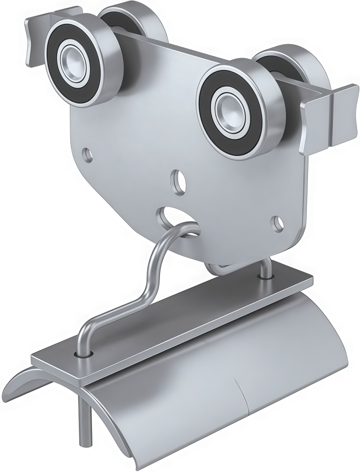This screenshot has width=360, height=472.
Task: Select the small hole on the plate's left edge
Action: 86,152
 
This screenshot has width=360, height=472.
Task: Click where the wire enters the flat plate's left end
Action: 84,352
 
